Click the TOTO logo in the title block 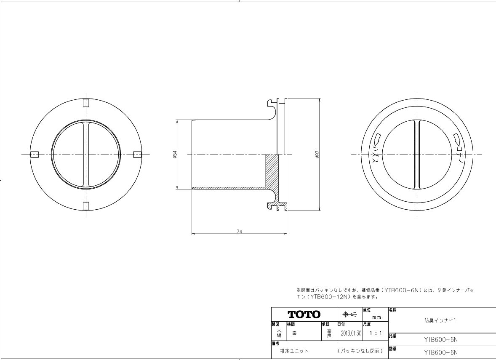pyautogui.click(x=304, y=315)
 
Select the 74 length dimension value pyautogui.click(x=239, y=232)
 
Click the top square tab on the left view pyautogui.click(x=86, y=103)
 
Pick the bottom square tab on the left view pyautogui.click(x=86, y=205)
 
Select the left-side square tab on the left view pyautogui.click(x=35, y=155)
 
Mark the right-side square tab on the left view pyautogui.click(x=137, y=155)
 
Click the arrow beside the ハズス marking pyautogui.click(x=378, y=138)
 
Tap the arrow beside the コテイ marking pyautogui.click(x=457, y=138)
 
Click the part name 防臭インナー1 pyautogui.click(x=440, y=320)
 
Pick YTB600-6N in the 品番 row pyautogui.click(x=441, y=339)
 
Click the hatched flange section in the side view pyautogui.click(x=272, y=173)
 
